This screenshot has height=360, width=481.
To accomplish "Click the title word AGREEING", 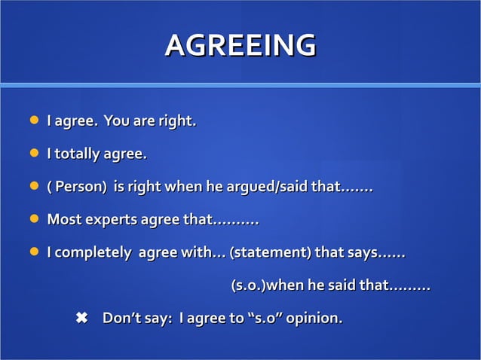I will (240, 45).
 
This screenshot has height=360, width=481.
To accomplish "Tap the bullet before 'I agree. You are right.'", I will (33, 121).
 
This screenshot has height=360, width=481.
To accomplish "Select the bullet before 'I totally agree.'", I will (33, 154).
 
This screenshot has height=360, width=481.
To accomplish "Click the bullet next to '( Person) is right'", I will (33, 187).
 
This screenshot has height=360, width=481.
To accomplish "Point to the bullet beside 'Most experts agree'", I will (33, 220).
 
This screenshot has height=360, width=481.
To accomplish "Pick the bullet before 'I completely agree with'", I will (33, 253).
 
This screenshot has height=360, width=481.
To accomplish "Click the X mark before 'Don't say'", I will (82, 319).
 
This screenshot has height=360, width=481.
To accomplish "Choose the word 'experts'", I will (110, 220).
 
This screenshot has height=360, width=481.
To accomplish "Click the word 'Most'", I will (63, 220).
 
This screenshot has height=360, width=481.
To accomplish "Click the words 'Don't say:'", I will (136, 319).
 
